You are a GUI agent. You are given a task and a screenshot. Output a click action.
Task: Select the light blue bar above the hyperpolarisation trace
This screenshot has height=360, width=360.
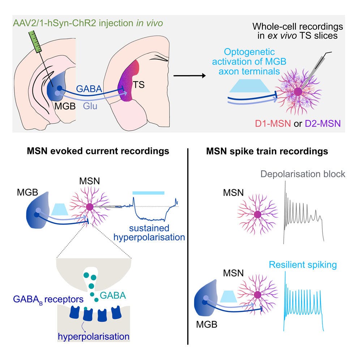tap(148, 193)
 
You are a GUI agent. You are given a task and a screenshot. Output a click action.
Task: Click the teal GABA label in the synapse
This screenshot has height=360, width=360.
tap(113, 295)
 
